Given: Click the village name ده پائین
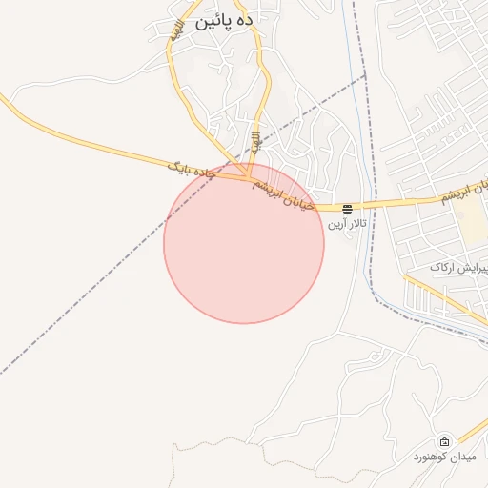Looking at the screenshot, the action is pyautogui.click(x=225, y=20).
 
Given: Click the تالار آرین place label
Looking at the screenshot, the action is pyautogui.click(x=347, y=224).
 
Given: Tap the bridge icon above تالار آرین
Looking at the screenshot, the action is pyautogui.click(x=349, y=208).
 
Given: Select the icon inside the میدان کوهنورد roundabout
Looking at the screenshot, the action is pyautogui.click(x=445, y=441).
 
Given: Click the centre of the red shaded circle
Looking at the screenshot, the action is pyautogui.click(x=244, y=243).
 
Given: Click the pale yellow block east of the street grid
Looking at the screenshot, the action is pyautogui.click(x=469, y=220).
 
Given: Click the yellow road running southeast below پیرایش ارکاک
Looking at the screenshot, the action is pyautogui.click(x=448, y=296).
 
